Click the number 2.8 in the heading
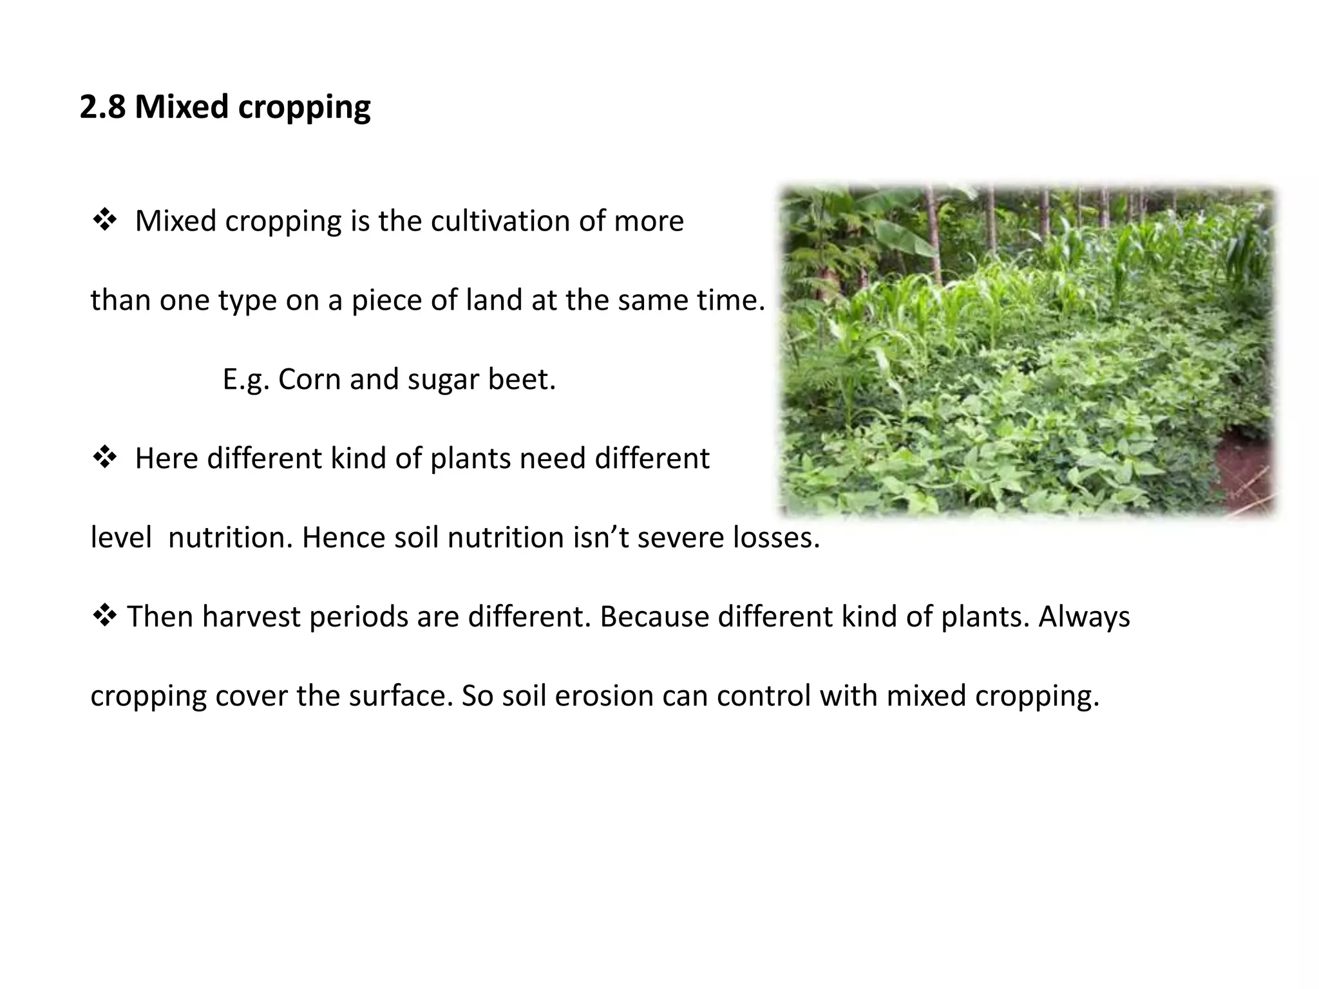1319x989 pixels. coord(102,107)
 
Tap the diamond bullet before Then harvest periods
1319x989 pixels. coord(105,616)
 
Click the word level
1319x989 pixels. coord(120,538)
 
